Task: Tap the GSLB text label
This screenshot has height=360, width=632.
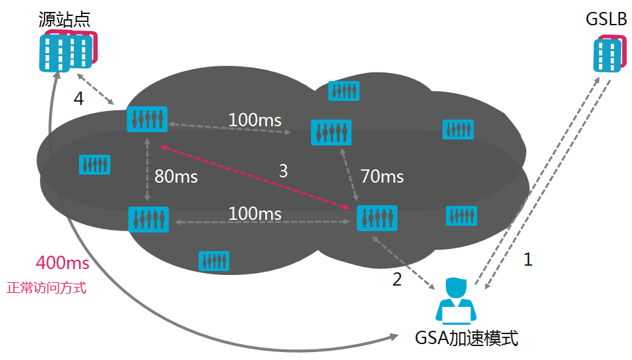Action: point(605,20)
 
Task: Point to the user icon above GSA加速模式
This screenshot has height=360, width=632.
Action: point(455,300)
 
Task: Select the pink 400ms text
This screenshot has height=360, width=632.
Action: point(62,262)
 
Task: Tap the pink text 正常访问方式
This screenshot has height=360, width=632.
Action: point(47,288)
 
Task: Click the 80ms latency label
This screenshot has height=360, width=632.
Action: point(176,177)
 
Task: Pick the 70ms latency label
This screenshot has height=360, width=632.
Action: point(382,177)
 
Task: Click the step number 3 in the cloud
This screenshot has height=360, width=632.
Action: point(283,171)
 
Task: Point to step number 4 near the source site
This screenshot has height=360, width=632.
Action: point(78,99)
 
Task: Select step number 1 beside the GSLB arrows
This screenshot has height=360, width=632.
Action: point(528,259)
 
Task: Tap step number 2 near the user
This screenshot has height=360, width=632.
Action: point(397,280)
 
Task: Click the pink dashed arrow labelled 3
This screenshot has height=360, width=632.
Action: point(253,177)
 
